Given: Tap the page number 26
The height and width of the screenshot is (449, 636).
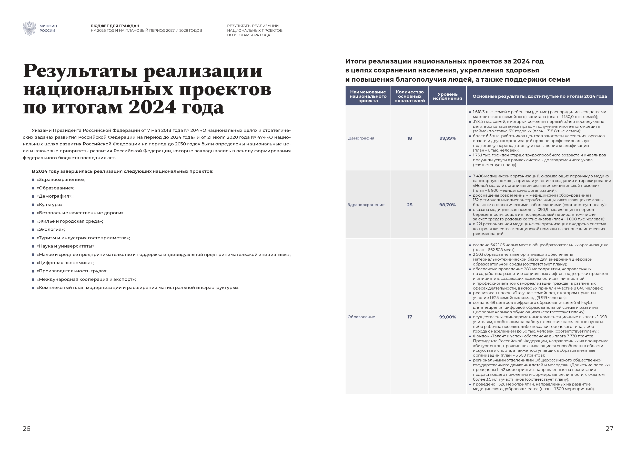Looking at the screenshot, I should [x=27, y=429].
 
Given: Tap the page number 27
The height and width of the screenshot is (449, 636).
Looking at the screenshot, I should [x=609, y=429].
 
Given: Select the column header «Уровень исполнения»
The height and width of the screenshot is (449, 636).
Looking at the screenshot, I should [x=447, y=96].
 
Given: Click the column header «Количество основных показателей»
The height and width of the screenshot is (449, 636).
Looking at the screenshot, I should [x=409, y=96].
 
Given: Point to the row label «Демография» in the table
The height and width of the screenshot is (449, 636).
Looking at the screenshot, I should [x=361, y=138].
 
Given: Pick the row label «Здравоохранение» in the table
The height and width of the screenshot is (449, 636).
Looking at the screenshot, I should [x=366, y=205].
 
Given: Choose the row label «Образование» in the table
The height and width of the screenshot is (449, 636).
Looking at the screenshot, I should [x=361, y=317].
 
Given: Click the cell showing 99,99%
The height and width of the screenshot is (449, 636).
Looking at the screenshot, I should [x=447, y=138].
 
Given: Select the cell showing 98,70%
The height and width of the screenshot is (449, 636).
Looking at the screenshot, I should [x=447, y=205].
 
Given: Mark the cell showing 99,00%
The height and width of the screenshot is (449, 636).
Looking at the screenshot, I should [x=447, y=317].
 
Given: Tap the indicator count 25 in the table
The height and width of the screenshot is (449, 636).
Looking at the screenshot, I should [x=409, y=205].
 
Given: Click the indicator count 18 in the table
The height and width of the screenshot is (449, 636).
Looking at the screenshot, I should [x=409, y=138].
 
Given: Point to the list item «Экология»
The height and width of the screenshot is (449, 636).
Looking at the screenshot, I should [x=51, y=230].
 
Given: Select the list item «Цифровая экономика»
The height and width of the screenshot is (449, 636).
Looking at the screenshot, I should [x=65, y=263].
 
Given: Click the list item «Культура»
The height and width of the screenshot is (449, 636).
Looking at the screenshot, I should [x=50, y=205].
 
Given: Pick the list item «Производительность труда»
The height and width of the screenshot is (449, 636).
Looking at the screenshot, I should [x=72, y=271].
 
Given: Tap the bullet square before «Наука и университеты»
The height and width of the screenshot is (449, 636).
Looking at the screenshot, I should [x=33, y=246].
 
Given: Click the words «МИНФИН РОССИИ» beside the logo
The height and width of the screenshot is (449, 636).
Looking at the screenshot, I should [x=48, y=28].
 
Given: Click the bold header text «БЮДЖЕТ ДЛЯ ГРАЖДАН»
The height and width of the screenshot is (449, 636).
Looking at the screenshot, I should [x=115, y=26].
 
